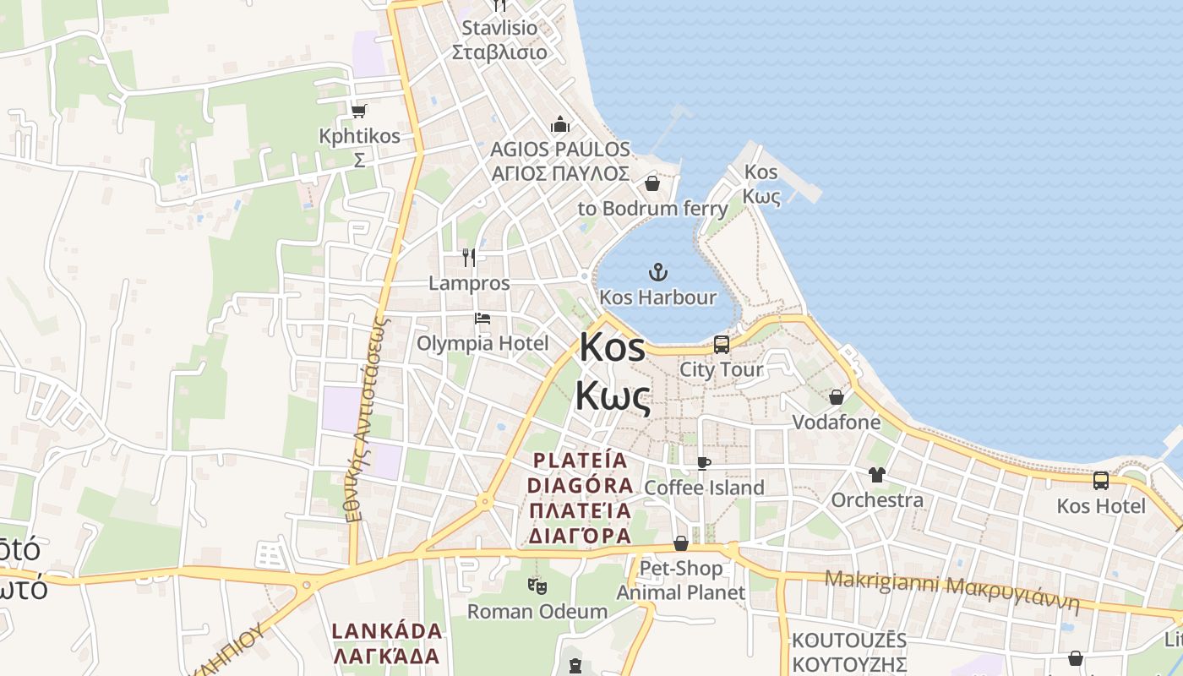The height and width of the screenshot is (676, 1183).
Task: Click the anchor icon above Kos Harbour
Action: (x=657, y=272)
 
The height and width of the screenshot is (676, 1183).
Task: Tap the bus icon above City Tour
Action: (x=722, y=345)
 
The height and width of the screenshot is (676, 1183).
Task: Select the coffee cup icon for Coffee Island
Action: (x=703, y=463)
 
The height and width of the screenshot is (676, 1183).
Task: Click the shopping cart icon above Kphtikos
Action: (x=359, y=111)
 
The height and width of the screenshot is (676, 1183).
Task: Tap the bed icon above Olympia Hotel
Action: (x=482, y=319)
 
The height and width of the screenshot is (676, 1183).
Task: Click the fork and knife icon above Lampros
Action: (x=469, y=257)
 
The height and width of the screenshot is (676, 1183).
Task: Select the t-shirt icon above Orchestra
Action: (x=876, y=475)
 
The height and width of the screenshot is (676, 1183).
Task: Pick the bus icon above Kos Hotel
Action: (x=1100, y=481)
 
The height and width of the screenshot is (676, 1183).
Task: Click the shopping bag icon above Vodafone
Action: (x=837, y=397)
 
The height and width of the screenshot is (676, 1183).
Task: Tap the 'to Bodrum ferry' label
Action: (x=652, y=208)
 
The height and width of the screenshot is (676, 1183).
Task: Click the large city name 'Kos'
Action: (x=613, y=347)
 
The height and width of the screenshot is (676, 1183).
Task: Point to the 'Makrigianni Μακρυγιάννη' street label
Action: (x=952, y=591)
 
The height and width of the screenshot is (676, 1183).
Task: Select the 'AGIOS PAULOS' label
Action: (x=560, y=150)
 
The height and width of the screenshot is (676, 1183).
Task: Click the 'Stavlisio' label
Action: (x=499, y=28)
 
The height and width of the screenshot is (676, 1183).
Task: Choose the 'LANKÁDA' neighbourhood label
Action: (x=387, y=631)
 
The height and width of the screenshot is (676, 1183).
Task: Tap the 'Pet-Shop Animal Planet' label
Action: (x=681, y=580)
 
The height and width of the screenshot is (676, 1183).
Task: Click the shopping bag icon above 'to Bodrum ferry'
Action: (x=652, y=183)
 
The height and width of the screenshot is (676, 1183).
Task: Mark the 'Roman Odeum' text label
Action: (x=537, y=611)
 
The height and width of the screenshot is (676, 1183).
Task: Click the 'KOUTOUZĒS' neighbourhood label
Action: (x=849, y=640)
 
